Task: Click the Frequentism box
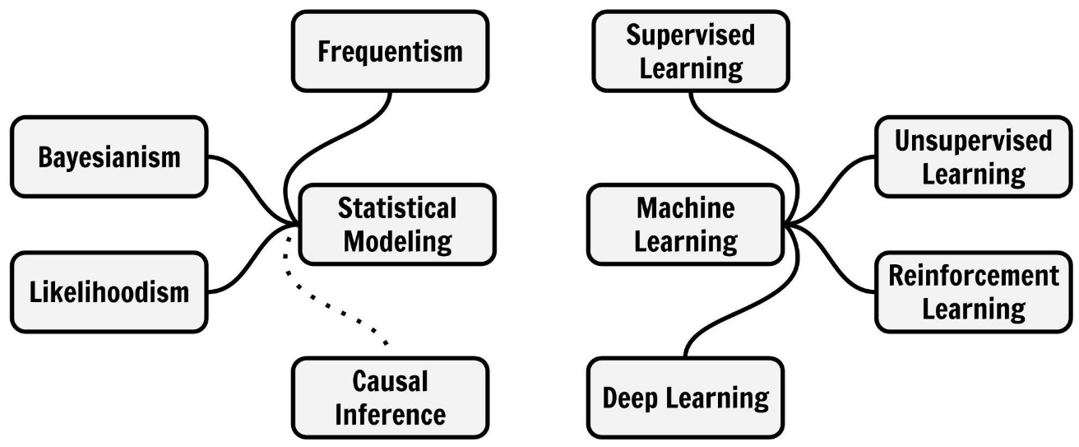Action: pos(391,51)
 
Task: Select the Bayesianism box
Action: pos(108,156)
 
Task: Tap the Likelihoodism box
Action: pos(108,291)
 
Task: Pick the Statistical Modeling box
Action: pos(397,224)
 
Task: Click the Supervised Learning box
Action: pos(690,50)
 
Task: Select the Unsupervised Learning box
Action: pos(973,156)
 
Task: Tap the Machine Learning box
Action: pos(687,224)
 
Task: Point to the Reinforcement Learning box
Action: pos(974,291)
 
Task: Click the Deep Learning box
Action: pos(685,398)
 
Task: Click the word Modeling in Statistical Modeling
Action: pos(398,242)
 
